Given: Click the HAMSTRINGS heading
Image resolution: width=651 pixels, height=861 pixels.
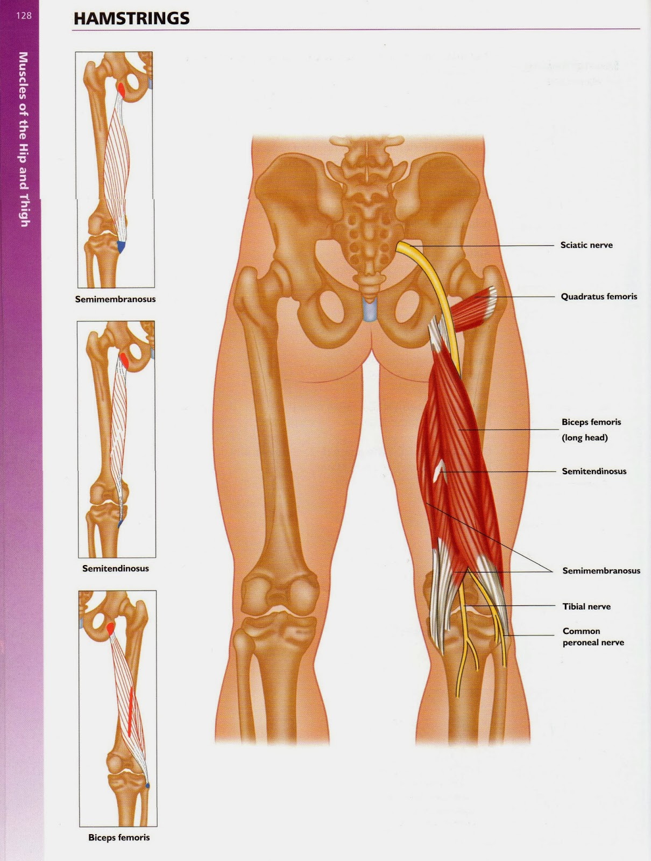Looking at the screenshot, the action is point(131,19).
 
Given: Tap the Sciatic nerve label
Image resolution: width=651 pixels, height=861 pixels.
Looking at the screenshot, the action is point(586,245).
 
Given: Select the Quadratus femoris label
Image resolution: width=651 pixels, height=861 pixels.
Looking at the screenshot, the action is point(599,297).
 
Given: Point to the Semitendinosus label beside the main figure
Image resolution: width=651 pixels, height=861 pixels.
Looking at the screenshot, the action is point(594,471).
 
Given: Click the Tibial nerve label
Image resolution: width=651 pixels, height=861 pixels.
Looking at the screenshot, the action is point(586,606).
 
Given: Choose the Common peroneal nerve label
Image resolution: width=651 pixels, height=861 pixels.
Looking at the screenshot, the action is point(593,637).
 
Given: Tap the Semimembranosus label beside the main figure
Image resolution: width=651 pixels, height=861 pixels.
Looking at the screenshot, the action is point(601,570).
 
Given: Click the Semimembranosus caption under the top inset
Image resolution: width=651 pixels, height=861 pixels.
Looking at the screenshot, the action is point(115,299).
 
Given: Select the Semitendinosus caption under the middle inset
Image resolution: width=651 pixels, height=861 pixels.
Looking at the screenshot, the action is point(115,568).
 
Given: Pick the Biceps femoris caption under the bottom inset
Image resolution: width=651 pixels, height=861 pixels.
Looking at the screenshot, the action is point(119,837).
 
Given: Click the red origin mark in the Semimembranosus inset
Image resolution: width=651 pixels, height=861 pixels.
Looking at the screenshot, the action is point(123,90).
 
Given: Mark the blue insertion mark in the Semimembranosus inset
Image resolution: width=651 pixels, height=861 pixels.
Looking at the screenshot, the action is point(121,247).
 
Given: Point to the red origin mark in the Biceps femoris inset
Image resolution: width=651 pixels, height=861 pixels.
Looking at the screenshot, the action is point(111,627).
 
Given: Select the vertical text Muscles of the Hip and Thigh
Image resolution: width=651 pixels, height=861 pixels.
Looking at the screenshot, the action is point(24,139).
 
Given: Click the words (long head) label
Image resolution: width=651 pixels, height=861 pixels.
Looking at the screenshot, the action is point(584,437).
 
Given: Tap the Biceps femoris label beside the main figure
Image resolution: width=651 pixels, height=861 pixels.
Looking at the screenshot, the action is point(591,422).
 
